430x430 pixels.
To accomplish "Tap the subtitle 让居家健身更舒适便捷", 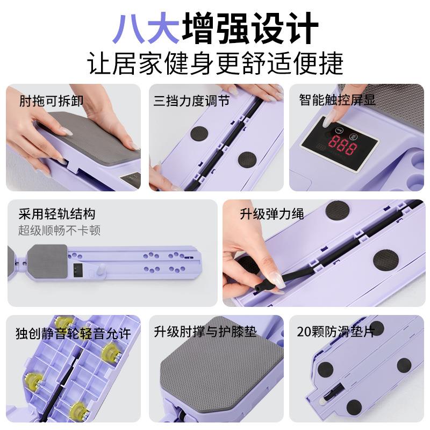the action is (216, 63).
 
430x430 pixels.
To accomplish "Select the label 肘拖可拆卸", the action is (51, 101).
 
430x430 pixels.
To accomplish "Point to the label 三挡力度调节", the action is (192, 101).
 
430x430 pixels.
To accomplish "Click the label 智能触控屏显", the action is (337, 99).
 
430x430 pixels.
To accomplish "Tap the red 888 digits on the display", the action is (342, 145).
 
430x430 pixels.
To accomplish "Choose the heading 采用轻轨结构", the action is (57, 214).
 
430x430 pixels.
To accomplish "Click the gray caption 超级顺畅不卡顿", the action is (59, 230).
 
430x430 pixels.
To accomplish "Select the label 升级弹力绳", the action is (272, 213).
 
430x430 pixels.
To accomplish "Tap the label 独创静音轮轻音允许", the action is (73, 333).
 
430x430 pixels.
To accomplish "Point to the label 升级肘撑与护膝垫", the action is (205, 332).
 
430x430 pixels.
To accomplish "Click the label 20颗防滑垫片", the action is (336, 332).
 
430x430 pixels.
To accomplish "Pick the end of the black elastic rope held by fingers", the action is (259, 288).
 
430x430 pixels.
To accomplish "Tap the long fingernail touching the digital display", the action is (327, 120).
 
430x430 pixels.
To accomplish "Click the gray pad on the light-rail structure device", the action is (47, 261).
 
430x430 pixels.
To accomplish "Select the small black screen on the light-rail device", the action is (78, 270).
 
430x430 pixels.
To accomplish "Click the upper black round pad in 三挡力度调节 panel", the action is (199, 133).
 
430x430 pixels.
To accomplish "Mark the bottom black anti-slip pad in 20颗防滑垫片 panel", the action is (354, 407).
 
